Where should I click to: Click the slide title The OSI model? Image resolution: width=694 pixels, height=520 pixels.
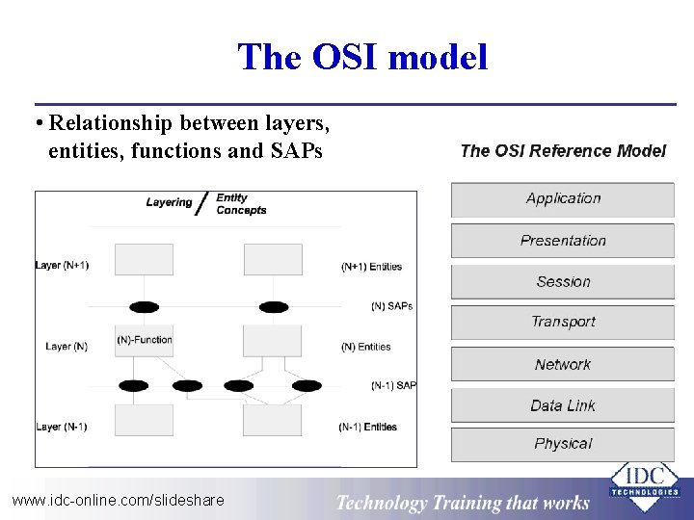click(362, 57)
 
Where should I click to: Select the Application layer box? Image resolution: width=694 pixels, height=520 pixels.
click(563, 199)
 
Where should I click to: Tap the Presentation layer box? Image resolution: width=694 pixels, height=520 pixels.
click(563, 241)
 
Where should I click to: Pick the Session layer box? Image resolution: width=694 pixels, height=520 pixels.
click(563, 282)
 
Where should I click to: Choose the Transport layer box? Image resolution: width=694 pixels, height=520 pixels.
click(563, 323)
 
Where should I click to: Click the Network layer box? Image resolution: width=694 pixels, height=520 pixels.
click(563, 365)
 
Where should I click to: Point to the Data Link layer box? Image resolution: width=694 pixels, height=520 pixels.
click(563, 405)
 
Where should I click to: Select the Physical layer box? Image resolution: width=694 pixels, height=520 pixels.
click(563, 444)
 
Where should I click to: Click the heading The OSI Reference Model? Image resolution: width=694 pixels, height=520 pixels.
click(563, 150)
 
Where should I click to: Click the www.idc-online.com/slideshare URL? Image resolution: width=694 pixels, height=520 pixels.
click(118, 500)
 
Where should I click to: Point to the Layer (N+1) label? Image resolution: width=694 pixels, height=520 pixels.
click(62, 265)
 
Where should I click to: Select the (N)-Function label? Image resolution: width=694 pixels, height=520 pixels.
click(145, 339)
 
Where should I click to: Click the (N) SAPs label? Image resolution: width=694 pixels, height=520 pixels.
click(391, 306)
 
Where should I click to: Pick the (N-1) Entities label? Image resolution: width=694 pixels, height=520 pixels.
click(367, 427)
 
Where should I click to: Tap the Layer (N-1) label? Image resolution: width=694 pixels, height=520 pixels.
click(62, 427)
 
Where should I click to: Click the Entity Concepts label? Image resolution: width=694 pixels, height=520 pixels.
click(241, 204)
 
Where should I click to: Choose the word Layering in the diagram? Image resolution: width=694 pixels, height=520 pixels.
click(169, 202)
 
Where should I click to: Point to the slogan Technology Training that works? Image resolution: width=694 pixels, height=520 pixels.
click(462, 502)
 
